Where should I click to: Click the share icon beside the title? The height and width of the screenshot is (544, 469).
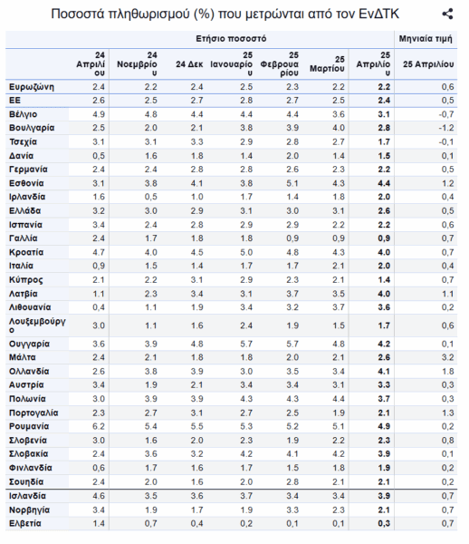447,15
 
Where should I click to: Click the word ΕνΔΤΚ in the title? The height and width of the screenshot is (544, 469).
378,15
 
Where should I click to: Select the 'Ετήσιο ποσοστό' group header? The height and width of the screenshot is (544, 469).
231,38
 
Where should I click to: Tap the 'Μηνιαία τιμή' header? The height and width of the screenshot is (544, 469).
426,38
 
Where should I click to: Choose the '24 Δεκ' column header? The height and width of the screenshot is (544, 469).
189,64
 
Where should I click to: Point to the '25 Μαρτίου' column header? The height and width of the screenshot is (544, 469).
328,64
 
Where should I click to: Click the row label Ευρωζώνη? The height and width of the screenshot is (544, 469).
32,87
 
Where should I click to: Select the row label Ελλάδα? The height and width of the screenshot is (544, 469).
25,210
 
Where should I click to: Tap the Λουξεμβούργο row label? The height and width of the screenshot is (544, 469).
37,325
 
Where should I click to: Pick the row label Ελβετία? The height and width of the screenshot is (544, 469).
25,523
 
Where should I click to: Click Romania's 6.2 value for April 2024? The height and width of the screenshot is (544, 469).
99,426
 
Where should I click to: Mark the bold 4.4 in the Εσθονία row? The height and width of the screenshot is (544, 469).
384,183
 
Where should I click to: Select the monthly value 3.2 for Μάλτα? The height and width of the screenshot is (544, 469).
447,357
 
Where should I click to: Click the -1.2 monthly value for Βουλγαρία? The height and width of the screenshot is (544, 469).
446,128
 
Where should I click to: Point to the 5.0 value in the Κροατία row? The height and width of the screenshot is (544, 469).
246,252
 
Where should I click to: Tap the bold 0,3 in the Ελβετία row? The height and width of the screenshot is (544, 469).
384,523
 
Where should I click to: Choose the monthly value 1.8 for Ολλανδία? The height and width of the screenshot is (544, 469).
447,371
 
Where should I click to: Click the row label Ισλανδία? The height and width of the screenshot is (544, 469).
27,496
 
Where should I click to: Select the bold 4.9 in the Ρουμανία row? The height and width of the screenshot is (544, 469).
384,426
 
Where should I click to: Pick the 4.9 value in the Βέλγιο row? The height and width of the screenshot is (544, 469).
99,114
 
